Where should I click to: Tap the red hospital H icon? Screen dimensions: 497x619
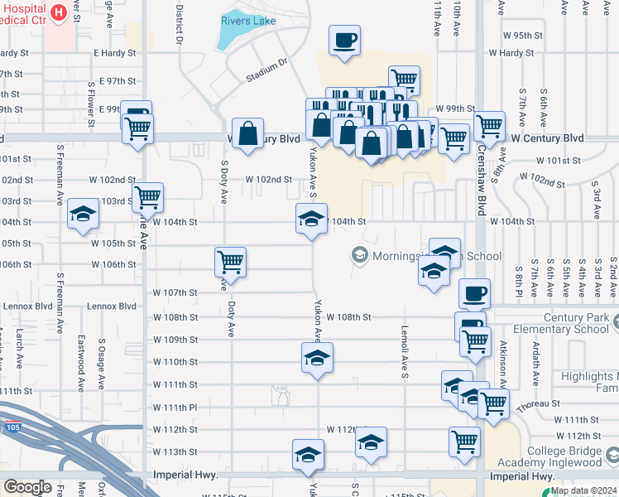[x=58, y=12]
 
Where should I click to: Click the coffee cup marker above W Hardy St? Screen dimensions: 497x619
[x=344, y=39]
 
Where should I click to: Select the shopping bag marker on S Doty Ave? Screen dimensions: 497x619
[x=247, y=133]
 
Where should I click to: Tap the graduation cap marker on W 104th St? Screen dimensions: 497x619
[x=311, y=220]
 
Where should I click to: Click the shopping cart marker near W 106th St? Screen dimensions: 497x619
[x=229, y=263]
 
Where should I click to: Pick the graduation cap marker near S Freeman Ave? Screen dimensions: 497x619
[x=83, y=215]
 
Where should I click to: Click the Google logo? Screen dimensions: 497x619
[x=27, y=487]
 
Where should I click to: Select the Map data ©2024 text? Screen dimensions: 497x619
[x=583, y=490]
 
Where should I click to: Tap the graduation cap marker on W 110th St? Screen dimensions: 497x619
[x=317, y=358]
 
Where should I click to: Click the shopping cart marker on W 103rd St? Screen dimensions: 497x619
[x=147, y=198]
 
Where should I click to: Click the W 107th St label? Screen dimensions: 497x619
[x=175, y=293]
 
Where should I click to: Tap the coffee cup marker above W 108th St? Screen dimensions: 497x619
[x=475, y=293]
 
